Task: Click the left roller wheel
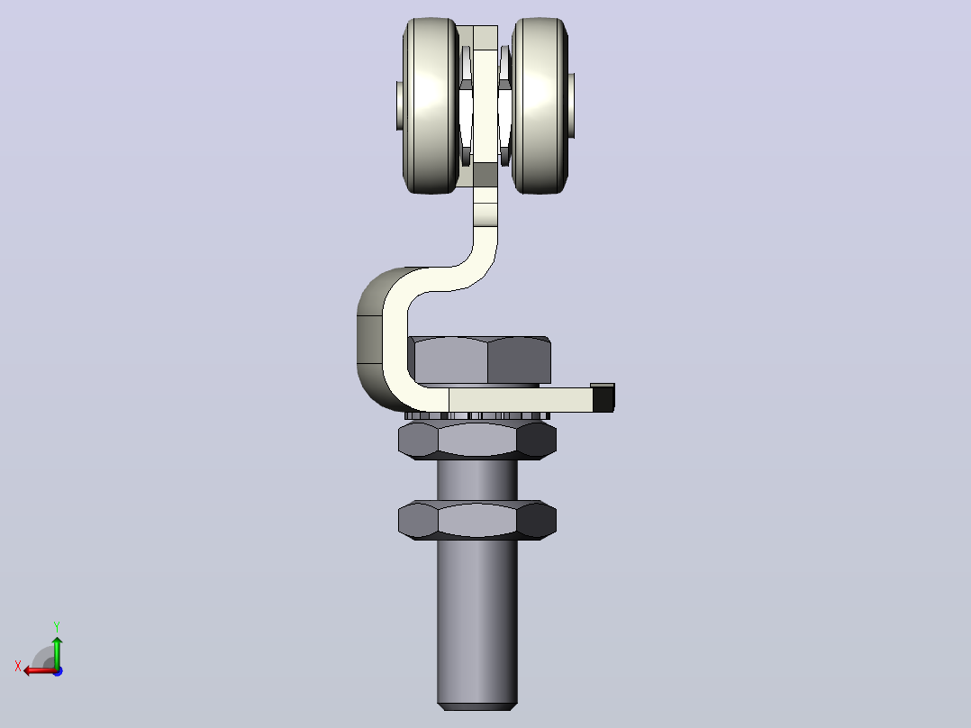[x=431, y=105]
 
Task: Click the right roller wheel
[x=540, y=105]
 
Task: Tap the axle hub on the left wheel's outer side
[x=399, y=105]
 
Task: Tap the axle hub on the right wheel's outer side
[x=572, y=105]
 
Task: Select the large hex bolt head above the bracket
[x=480, y=360]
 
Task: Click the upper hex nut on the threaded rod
[x=476, y=441]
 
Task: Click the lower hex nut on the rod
[x=476, y=521]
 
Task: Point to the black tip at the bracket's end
[x=603, y=397]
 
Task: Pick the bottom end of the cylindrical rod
[x=476, y=705]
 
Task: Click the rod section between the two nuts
[x=476, y=480]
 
